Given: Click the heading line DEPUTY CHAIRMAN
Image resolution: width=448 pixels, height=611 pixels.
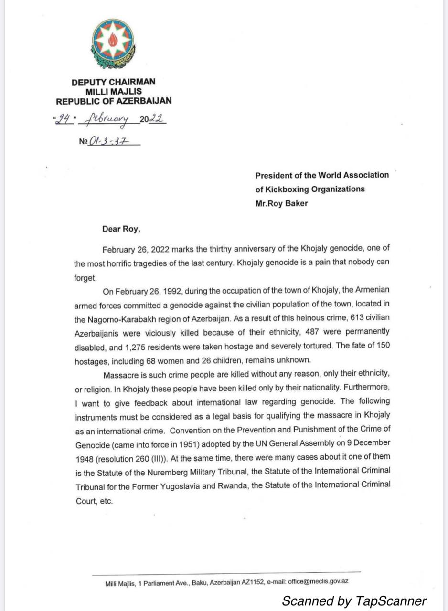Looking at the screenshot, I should point(113,82).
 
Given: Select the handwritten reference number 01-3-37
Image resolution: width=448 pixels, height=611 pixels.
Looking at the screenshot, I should point(107,142).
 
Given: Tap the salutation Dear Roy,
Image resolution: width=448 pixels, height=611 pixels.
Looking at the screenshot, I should point(121,229).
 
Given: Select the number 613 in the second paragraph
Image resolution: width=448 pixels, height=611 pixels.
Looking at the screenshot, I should point(342,317).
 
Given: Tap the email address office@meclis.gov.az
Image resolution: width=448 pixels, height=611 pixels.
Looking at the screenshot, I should point(318,582).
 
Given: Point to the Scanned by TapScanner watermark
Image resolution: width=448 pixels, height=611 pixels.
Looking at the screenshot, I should point(353,600).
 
